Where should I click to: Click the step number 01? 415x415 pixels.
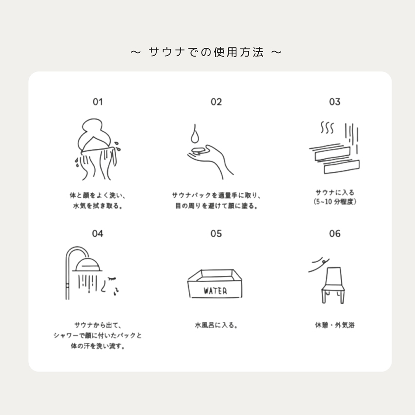(98, 102)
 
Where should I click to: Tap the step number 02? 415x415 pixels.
(216, 102)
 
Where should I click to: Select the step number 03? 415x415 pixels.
(334, 102)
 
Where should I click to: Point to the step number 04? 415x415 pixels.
(97, 233)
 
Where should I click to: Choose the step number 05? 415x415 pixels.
(216, 233)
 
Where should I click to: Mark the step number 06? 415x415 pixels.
(334, 233)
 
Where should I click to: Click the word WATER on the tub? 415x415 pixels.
(215, 291)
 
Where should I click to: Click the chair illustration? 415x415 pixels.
(332, 285)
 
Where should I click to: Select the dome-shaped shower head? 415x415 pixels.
(87, 265)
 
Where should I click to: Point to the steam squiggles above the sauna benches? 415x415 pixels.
(327, 127)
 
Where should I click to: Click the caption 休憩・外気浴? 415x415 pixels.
(334, 325)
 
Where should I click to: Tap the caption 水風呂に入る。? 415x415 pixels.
(216, 325)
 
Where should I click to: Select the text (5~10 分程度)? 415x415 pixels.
(334, 202)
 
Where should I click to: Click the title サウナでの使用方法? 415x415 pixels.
(206, 52)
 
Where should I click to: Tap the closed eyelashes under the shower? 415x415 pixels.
(112, 278)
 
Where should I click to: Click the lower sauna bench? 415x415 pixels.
(342, 167)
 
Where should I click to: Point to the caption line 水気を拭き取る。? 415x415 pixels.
(98, 206)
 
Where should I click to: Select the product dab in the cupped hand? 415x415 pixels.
(198, 150)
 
